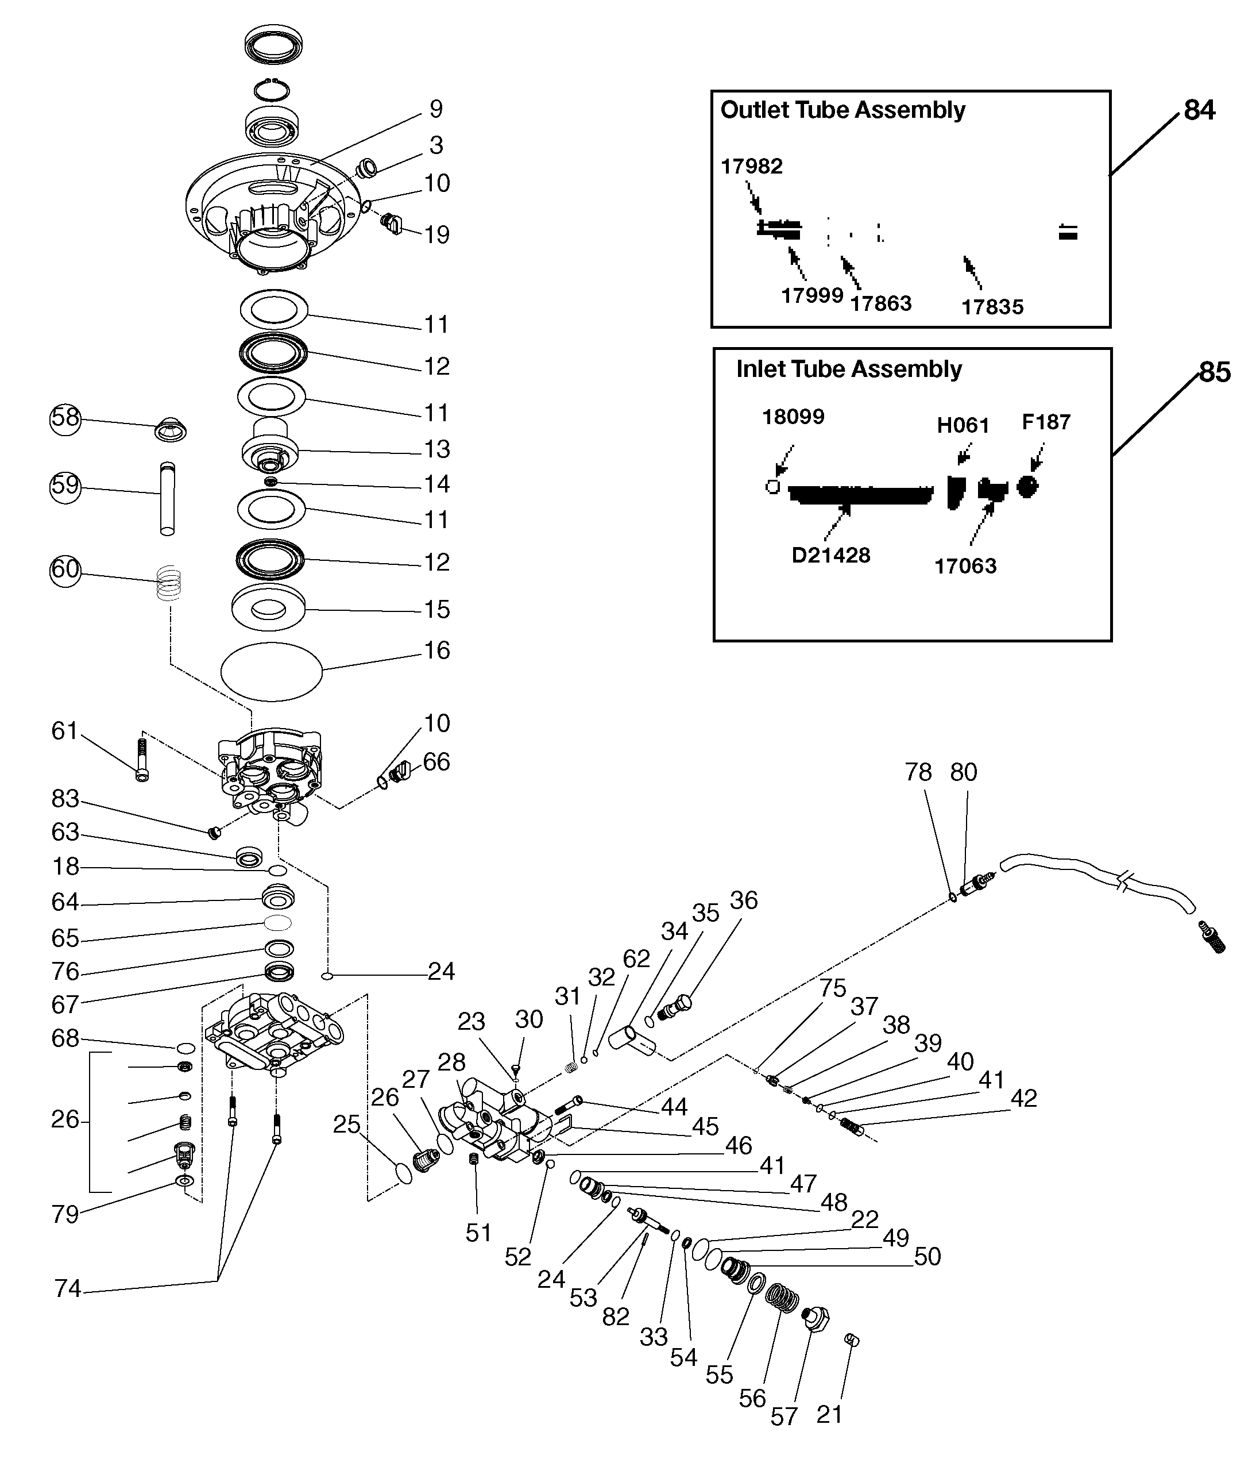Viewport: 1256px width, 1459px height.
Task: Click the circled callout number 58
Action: (65, 419)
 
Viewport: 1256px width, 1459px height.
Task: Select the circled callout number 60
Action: (65, 569)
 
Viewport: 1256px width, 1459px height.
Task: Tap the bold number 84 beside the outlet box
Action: (1199, 110)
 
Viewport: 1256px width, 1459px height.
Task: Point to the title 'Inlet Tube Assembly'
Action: (849, 369)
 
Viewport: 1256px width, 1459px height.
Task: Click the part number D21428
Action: (830, 556)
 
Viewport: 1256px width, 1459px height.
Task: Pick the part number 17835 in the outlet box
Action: (992, 307)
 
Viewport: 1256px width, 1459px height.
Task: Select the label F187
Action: (1046, 422)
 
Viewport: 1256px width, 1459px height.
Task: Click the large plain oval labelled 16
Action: (272, 672)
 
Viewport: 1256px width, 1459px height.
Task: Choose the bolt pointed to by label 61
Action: (141, 760)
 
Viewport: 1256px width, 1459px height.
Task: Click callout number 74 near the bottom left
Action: (68, 1288)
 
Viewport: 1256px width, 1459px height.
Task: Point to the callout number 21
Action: (829, 1414)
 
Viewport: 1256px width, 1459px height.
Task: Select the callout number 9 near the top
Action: (436, 109)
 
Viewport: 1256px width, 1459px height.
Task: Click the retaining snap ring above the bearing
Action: (272, 90)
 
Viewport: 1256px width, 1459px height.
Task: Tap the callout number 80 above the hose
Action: (963, 772)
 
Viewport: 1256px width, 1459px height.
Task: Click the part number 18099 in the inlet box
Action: (793, 417)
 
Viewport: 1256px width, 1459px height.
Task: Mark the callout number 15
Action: (437, 610)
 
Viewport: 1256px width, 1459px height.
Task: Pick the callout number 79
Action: (65, 1215)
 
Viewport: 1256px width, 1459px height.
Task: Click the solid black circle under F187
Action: (1028, 487)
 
